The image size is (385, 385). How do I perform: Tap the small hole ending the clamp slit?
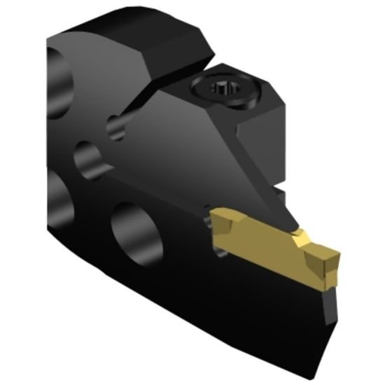pos(115,127)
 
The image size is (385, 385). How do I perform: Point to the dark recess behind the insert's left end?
pos(207,223)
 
